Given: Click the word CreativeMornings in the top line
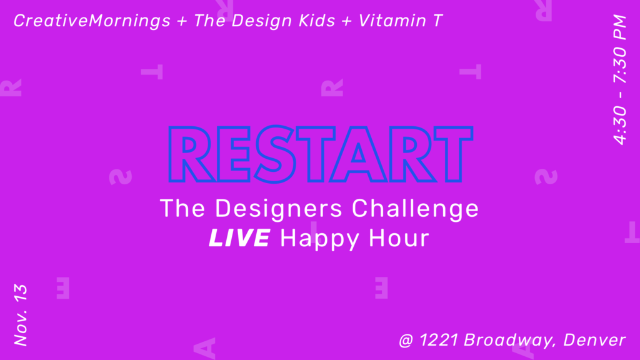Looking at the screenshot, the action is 92,21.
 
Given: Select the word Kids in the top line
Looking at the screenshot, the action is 317,21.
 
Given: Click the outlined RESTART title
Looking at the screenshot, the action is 321,154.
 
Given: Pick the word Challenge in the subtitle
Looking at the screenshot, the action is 415,208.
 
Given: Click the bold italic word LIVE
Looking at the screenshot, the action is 239,237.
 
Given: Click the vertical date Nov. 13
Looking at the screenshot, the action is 21,315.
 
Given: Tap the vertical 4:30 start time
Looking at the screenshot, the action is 619,125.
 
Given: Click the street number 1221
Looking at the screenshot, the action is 439,340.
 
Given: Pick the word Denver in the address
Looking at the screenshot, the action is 594,340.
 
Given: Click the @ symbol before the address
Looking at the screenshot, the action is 406,341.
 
